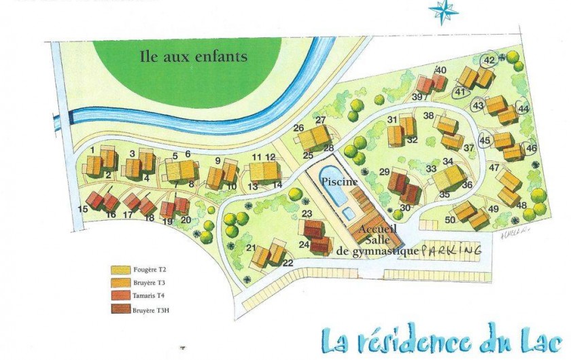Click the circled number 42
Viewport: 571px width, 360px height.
(x=489, y=60)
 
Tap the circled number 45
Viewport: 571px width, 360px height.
(x=485, y=141)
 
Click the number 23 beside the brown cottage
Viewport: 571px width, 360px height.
(x=305, y=214)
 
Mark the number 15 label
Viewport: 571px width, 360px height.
(x=83, y=209)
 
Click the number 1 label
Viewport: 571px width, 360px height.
(x=92, y=149)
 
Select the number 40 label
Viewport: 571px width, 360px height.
(x=440, y=69)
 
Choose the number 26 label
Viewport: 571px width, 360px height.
(x=298, y=128)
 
